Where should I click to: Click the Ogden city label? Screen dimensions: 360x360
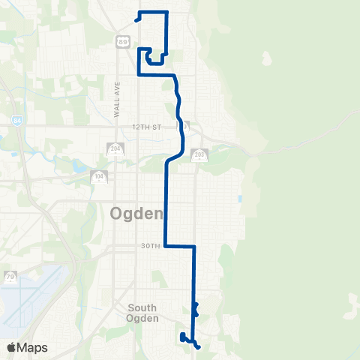[136, 214]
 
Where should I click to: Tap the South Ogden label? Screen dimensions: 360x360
[142, 313]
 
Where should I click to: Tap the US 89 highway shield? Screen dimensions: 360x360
[122, 42]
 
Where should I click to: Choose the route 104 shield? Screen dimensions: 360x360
[99, 177]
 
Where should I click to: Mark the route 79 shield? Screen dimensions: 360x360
[10, 277]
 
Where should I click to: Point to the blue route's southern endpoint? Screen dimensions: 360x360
[199, 347]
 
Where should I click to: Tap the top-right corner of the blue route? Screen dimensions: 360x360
[166, 12]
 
